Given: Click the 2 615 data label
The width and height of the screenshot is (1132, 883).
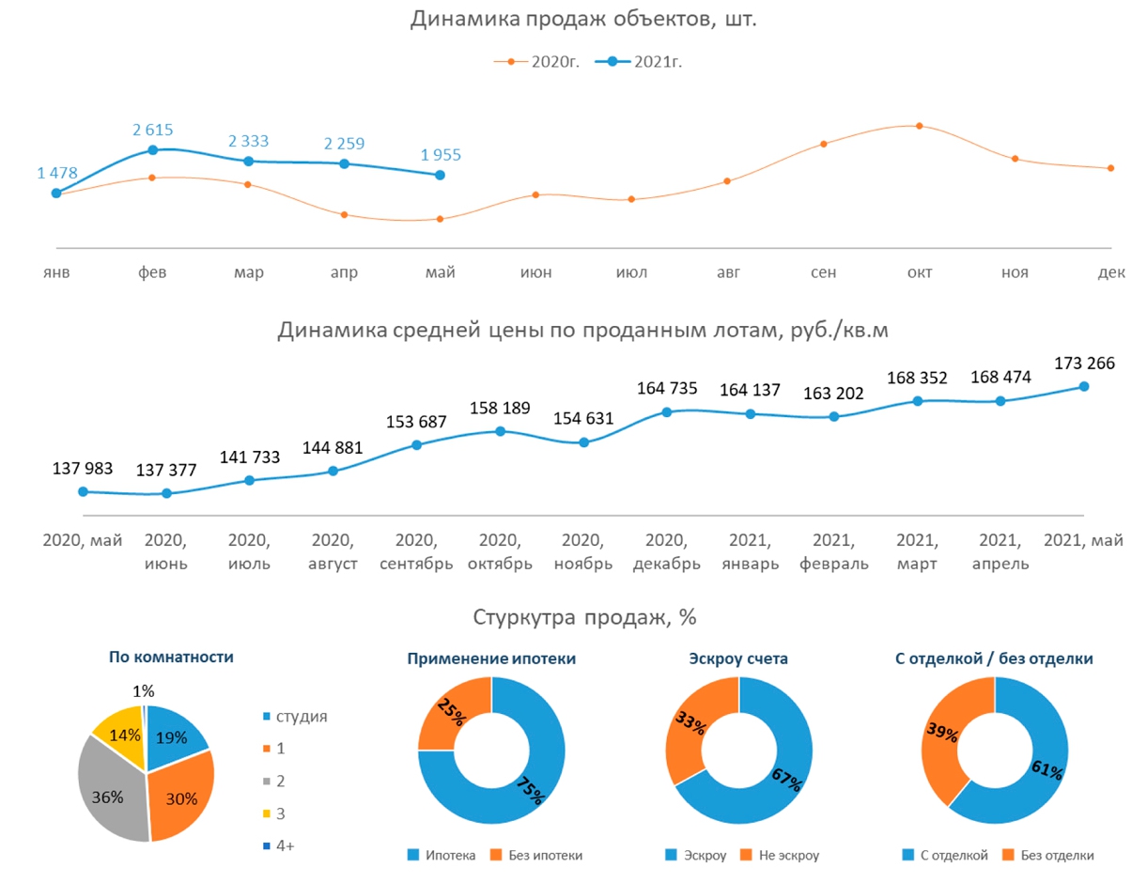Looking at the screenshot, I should click(x=152, y=131).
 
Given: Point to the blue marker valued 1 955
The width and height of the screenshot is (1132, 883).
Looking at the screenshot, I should click(x=440, y=175).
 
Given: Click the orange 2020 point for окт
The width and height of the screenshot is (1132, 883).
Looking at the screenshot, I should click(x=919, y=126).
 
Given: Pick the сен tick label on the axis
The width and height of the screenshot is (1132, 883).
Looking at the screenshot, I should click(x=824, y=273).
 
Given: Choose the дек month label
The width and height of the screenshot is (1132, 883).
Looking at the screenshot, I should click(x=1111, y=273).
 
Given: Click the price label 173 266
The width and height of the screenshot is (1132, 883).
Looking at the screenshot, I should click(x=1083, y=364).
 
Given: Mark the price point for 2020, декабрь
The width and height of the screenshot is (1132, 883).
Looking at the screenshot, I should click(x=667, y=411).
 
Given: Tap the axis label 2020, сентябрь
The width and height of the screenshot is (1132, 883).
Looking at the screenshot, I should click(x=416, y=552).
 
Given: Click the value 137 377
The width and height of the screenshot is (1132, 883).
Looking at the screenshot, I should click(x=166, y=470).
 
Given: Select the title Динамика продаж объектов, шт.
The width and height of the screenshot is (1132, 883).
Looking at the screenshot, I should click(x=583, y=20).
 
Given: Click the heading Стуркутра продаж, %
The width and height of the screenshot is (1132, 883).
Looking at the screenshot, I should click(x=584, y=617).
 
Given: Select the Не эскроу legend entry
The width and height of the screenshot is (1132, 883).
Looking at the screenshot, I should click(x=783, y=856).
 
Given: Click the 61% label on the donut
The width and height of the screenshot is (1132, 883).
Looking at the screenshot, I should click(x=1046, y=771).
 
